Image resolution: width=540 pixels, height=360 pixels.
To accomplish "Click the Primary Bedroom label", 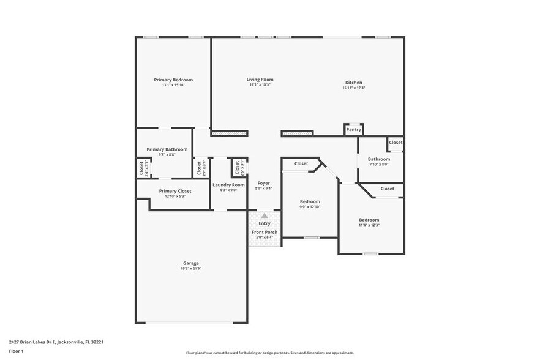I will pyautogui.click(x=173, y=80).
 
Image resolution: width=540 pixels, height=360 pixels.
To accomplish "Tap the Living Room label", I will pyautogui.click(x=260, y=80).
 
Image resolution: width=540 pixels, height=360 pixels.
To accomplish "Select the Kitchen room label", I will pyautogui.click(x=353, y=83).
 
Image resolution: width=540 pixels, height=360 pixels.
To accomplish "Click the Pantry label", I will pyautogui.click(x=353, y=129).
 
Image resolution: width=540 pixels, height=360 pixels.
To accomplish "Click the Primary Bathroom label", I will pyautogui.click(x=167, y=149).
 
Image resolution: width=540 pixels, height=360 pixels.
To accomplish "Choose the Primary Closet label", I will pyautogui.click(x=174, y=191).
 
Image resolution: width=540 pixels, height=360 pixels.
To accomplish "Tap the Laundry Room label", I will pyautogui.click(x=228, y=185).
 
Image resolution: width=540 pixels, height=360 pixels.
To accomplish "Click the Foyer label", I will pyautogui.click(x=263, y=183).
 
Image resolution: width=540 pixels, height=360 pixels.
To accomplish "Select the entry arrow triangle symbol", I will pyautogui.click(x=264, y=216).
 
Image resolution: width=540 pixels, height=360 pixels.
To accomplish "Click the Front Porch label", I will pyautogui.click(x=264, y=232).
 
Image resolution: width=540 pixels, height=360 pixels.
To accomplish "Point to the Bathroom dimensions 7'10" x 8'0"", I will pyautogui.click(x=379, y=164).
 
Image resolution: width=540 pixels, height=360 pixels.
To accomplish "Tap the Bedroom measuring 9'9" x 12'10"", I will pyautogui.click(x=309, y=201).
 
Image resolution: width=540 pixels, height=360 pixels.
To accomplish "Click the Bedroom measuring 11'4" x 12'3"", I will pyautogui.click(x=369, y=220).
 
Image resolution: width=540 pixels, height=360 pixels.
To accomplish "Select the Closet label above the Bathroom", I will pyautogui.click(x=396, y=143).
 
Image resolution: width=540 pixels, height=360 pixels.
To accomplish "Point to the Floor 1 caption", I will pyautogui.click(x=17, y=351).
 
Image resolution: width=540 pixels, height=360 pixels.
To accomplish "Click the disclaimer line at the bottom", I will pyautogui.click(x=269, y=353).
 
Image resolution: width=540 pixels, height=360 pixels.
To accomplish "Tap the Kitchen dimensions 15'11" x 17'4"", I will pyautogui.click(x=353, y=88).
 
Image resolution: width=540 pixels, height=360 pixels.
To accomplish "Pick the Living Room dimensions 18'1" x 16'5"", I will pyautogui.click(x=260, y=85).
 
